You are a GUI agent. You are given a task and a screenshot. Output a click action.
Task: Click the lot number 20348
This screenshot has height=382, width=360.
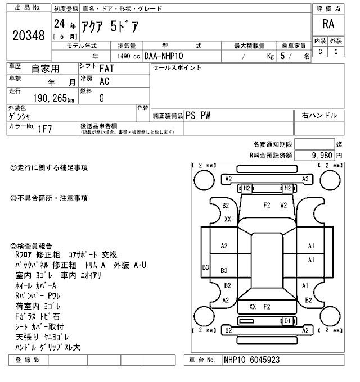28,35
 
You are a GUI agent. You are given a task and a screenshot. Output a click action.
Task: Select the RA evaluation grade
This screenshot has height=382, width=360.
328,25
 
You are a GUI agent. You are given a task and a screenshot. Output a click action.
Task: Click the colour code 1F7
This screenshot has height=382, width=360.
45,129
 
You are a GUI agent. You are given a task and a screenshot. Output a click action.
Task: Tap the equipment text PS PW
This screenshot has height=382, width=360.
200,115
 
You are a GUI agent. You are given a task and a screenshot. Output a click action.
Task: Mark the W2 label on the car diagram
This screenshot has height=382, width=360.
283,205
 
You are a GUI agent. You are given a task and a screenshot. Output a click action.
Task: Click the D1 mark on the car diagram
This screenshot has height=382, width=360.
287,321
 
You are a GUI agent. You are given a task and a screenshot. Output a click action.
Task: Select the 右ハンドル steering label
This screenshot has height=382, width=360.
319,115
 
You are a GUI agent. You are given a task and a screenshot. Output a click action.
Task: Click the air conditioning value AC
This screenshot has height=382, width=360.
105,81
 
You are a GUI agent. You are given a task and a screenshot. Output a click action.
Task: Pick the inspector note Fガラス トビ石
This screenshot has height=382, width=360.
39,316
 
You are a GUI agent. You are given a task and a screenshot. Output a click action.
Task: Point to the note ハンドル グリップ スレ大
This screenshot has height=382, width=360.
48,347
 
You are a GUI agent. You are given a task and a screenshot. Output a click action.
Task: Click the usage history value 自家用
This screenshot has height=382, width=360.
45,69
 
